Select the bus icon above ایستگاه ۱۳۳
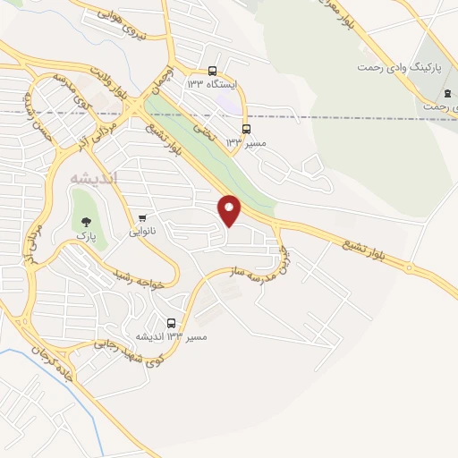pos(212,71)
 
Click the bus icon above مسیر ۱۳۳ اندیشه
pos(171,322)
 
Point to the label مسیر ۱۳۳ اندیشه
pos(171,336)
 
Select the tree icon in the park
pos(86,220)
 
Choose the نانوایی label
pos(142,231)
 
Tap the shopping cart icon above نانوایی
pos(142,217)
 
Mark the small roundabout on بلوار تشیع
pos(410,267)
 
